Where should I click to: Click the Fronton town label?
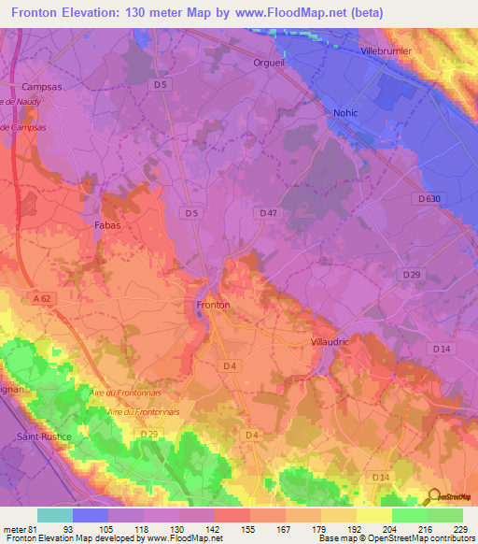(x=213, y=305)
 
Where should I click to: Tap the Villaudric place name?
(x=329, y=342)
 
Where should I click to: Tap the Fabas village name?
(x=108, y=225)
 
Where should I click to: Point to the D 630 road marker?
(x=429, y=198)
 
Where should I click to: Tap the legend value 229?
(x=459, y=528)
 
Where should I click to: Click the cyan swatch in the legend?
(x=55, y=515)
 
